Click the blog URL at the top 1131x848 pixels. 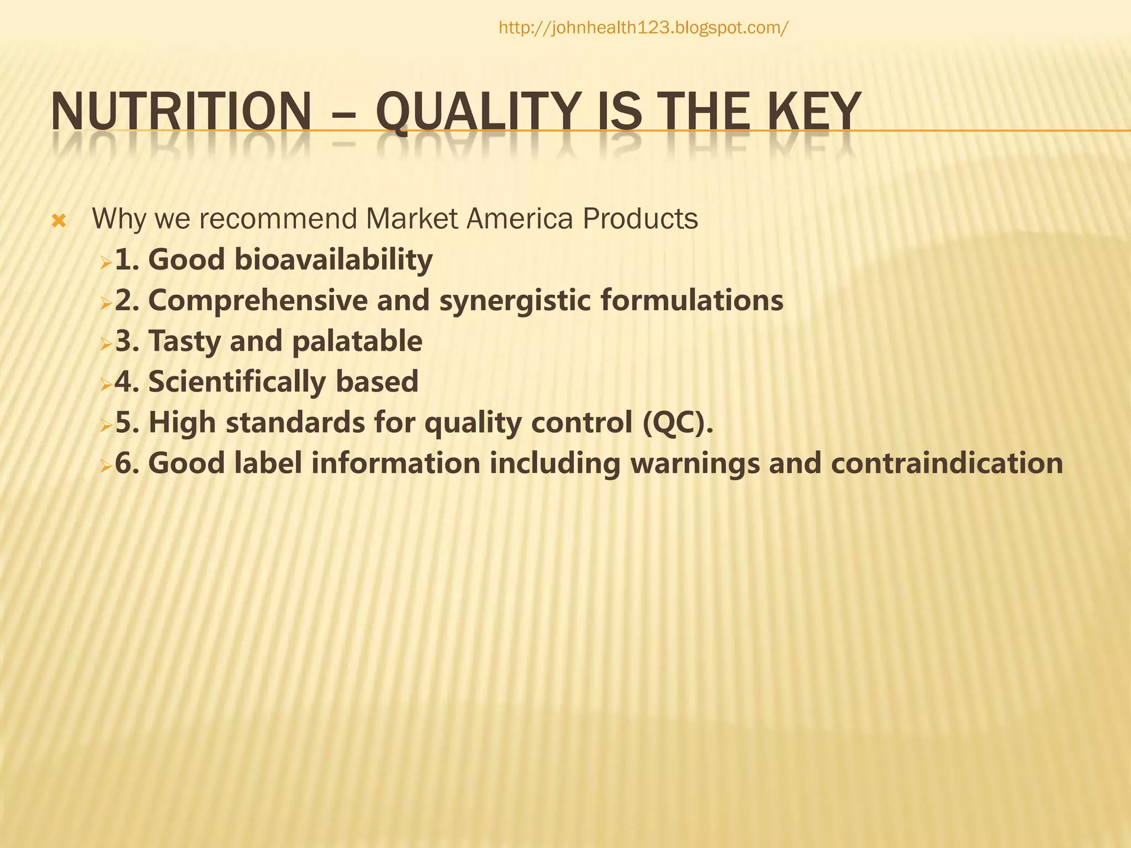643,28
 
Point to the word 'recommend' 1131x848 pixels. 278,219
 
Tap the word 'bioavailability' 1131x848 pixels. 333,259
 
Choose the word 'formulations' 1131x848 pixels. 692,300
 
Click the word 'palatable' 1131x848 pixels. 357,341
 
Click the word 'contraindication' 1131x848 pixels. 947,463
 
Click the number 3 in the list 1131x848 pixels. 124,341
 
